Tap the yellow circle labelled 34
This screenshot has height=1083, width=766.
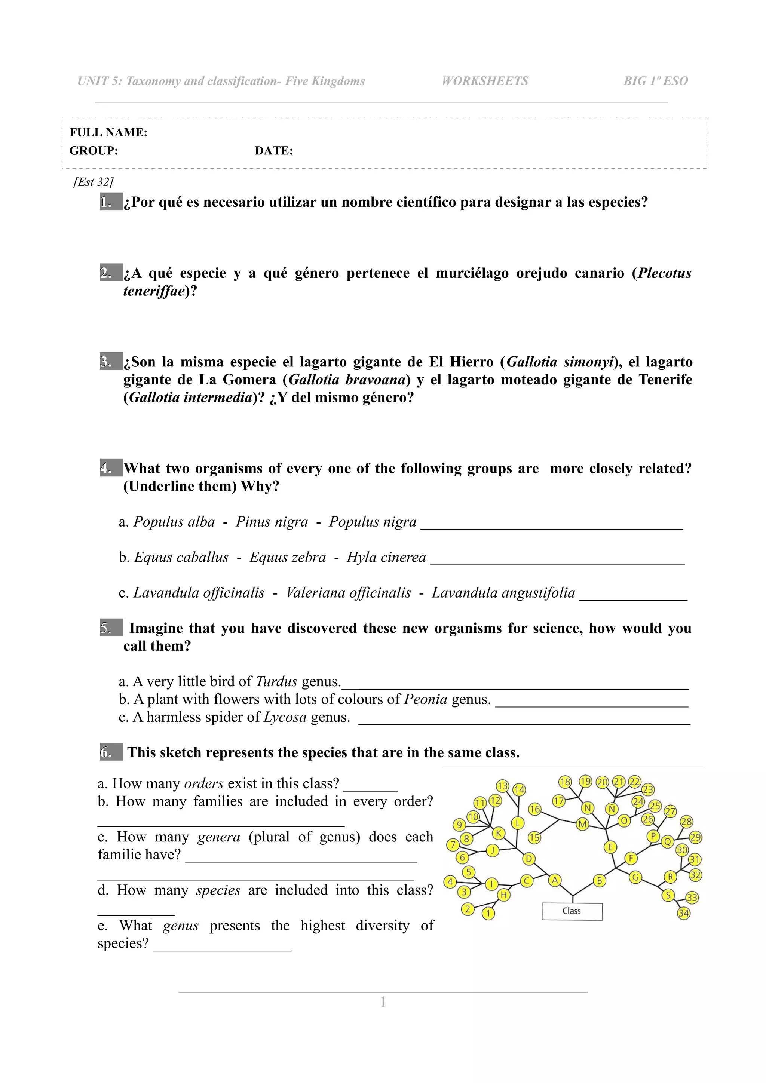[683, 913]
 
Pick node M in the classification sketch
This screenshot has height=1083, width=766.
[583, 824]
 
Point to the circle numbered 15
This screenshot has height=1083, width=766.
[534, 837]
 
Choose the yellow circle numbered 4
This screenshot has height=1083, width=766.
[450, 881]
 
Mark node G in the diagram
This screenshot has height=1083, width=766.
[636, 877]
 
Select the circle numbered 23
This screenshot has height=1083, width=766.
[648, 789]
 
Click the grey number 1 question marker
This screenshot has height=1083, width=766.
[111, 202]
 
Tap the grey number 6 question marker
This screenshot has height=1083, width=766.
[111, 752]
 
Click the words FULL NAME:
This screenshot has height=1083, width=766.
[108, 132]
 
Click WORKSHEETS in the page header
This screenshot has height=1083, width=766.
[485, 81]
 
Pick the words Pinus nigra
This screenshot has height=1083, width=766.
[272, 522]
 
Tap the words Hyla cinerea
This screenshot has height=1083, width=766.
[386, 557]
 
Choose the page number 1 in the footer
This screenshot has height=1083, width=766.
[383, 1002]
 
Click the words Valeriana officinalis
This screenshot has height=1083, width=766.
[349, 592]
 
